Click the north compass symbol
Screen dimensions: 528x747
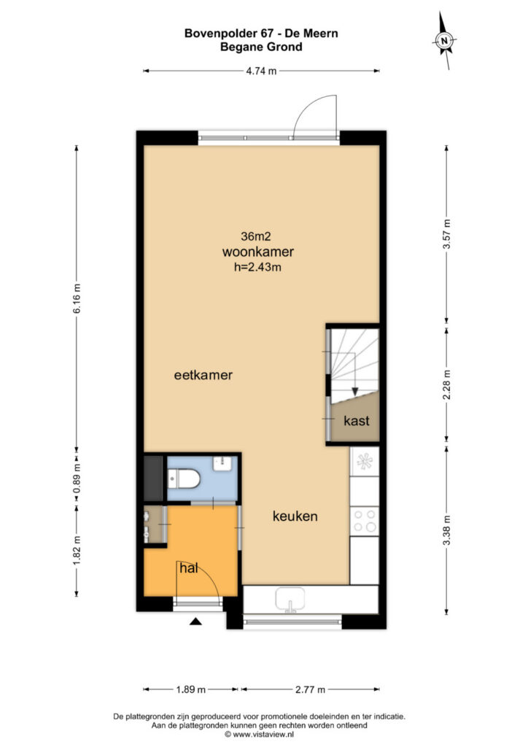click(445, 41)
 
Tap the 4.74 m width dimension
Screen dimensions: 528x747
click(261, 71)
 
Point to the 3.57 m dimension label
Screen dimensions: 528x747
click(446, 234)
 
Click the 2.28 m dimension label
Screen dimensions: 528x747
click(446, 384)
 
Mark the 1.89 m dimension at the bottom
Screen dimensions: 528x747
click(190, 689)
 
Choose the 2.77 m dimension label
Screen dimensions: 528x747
click(311, 689)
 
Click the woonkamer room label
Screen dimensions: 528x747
click(257, 252)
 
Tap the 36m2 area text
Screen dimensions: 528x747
click(256, 236)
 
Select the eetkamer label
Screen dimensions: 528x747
click(203, 375)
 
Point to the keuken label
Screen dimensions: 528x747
click(295, 516)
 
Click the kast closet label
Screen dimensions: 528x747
click(357, 421)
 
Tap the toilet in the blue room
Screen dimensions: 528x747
click(184, 479)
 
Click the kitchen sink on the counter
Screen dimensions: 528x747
click(290, 600)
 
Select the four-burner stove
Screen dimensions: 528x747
click(365, 521)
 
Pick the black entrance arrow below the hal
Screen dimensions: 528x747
click(195, 622)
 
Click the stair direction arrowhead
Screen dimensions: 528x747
click(354, 391)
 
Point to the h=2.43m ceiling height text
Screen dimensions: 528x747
click(257, 267)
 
